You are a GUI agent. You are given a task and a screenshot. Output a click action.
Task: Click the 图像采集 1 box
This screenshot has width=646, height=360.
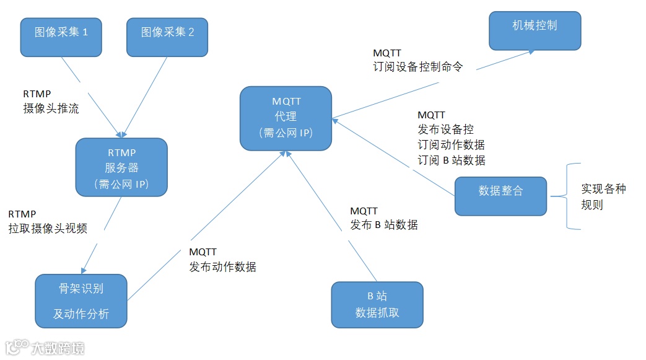[x=61, y=37]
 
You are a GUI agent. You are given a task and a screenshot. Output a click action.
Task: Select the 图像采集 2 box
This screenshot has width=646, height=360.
[x=167, y=37]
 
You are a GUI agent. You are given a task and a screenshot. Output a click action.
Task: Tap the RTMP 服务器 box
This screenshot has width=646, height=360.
[x=121, y=167]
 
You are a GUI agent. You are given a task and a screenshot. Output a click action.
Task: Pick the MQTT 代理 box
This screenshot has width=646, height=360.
[x=286, y=118]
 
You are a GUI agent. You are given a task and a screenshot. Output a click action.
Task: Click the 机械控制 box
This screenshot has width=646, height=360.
[x=535, y=30]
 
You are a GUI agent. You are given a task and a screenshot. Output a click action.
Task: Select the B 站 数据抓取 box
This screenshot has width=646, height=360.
[x=377, y=304]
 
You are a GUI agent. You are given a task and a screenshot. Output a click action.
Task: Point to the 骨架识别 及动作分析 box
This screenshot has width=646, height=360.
[x=81, y=301]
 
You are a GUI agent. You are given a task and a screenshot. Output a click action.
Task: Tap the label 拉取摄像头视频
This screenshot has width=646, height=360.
[x=48, y=229]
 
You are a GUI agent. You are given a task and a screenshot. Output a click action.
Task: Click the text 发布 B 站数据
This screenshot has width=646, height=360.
[x=384, y=225]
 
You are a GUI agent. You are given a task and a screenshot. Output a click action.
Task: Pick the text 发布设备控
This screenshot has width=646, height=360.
[x=446, y=130]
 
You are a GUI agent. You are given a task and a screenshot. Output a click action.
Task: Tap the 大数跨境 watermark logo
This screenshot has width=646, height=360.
[x=45, y=347]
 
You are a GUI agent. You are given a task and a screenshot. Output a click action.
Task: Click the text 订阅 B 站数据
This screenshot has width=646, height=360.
[x=452, y=160]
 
